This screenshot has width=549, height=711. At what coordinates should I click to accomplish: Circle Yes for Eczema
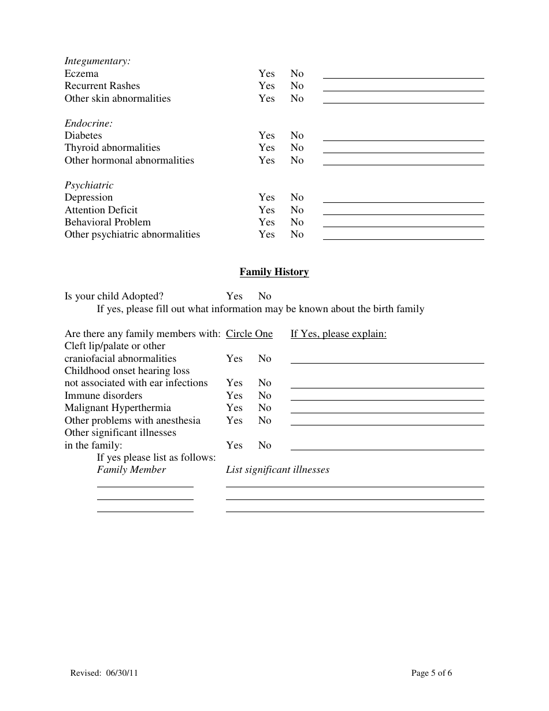tap(266, 73)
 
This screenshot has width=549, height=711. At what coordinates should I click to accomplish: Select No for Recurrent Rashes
tap(297, 86)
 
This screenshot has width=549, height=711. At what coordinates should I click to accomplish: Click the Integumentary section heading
tap(97, 61)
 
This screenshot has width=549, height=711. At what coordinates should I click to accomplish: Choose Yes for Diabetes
tap(266, 135)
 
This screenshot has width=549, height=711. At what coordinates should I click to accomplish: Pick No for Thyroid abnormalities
tap(297, 148)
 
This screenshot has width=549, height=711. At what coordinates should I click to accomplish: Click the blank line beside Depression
tap(403, 199)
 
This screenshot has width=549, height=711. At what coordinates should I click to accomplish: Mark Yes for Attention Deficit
tap(266, 210)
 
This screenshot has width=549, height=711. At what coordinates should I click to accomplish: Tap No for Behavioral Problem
tap(297, 222)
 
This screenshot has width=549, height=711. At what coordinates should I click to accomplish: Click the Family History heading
tap(274, 272)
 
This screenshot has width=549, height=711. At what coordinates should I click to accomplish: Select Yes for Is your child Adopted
tap(234, 296)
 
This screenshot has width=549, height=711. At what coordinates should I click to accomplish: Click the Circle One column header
tap(249, 334)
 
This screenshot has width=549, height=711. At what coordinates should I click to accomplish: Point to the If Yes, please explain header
tap(338, 334)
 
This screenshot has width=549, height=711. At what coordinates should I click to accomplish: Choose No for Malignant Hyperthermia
tap(265, 408)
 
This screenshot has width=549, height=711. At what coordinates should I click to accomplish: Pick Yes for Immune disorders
tap(234, 395)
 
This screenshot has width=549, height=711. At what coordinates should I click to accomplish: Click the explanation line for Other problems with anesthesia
tap(387, 423)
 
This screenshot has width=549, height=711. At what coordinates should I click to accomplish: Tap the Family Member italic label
tap(131, 469)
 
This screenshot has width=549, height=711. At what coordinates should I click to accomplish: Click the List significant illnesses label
tap(277, 469)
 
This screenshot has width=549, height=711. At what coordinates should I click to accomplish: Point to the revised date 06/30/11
tap(122, 672)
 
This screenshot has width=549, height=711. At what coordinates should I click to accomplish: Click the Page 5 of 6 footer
tap(431, 672)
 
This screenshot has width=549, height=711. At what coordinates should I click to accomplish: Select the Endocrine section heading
tap(88, 123)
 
